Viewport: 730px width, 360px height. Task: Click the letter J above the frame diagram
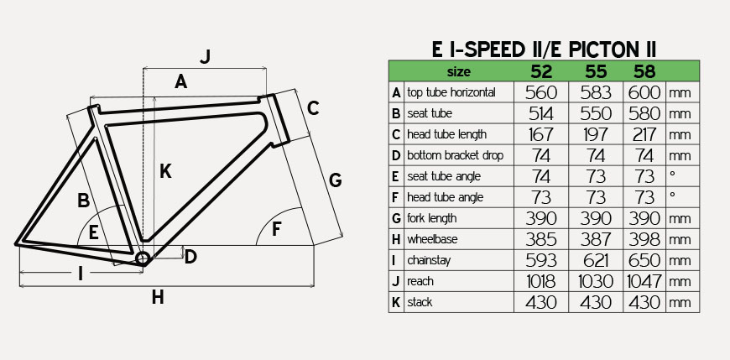pos(206,56)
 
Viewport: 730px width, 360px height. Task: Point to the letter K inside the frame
pos(165,171)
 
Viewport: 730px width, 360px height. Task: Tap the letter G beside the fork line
pos(335,180)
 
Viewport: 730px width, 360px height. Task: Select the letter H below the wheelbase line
pos(158,297)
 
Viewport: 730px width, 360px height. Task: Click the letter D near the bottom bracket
pos(190,256)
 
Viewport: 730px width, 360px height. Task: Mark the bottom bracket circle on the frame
pos(143,258)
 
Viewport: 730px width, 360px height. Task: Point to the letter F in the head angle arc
pos(277,229)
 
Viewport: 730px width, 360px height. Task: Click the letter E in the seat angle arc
pos(94,232)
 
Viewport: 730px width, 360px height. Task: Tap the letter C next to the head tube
pos(313,108)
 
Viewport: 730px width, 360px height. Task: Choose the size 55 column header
pos(596,71)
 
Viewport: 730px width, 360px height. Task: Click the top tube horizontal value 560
pos(541,92)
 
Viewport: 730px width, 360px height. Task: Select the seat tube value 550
pos(596,113)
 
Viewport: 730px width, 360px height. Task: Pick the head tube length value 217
pos(644,134)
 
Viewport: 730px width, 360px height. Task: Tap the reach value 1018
pos(541,281)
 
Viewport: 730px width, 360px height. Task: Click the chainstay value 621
pos(596,260)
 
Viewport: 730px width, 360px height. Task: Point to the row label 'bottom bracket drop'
pos(455,155)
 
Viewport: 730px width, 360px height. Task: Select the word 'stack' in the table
pos(420,302)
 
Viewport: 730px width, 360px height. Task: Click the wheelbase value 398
pos(644,239)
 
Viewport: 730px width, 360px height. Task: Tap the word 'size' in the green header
pos(459,71)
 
